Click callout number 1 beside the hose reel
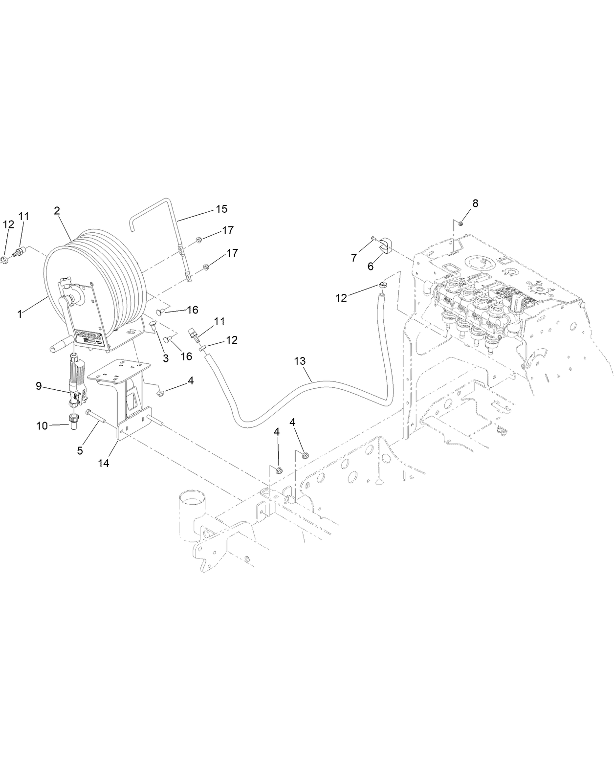click(x=20, y=314)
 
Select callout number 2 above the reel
click(x=57, y=211)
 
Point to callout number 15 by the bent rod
click(x=221, y=209)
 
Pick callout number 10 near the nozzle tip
click(x=42, y=426)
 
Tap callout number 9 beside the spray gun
click(x=39, y=385)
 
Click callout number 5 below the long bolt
click(x=80, y=450)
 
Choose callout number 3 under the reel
click(x=166, y=358)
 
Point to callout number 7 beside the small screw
click(x=354, y=257)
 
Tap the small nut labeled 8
click(x=460, y=223)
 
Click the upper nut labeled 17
click(x=199, y=240)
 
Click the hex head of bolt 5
click(x=88, y=413)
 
